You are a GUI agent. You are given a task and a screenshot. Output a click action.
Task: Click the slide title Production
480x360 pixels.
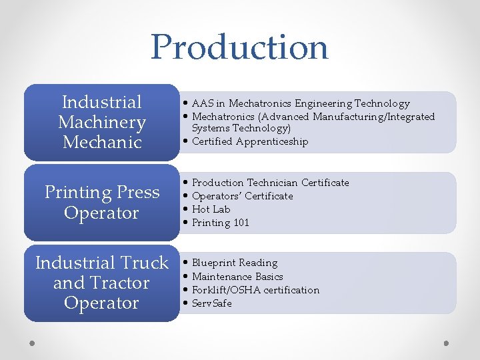pyautogui.click(x=239, y=47)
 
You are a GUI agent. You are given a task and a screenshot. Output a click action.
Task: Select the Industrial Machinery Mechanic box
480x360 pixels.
pyautogui.click(x=101, y=122)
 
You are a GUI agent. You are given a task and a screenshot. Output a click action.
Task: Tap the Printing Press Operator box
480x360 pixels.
pyautogui.click(x=101, y=203)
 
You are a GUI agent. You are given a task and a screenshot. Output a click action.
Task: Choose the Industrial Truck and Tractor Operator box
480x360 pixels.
pyautogui.click(x=101, y=283)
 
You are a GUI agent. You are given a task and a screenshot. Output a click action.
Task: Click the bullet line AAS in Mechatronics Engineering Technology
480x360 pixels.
pyautogui.click(x=301, y=103)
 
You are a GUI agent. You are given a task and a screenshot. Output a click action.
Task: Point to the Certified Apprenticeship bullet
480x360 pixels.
pyautogui.click(x=250, y=141)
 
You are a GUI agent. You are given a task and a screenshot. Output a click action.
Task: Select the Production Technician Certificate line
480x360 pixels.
pyautogui.click(x=271, y=183)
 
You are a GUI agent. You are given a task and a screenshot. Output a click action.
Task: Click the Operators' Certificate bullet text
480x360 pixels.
pyautogui.click(x=243, y=196)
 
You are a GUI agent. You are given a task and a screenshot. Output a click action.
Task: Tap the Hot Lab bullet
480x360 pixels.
pyautogui.click(x=211, y=209)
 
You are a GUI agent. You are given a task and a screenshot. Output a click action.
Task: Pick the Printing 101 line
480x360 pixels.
pyautogui.click(x=220, y=223)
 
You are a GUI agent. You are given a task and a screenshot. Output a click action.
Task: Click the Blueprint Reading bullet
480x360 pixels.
pyautogui.click(x=235, y=263)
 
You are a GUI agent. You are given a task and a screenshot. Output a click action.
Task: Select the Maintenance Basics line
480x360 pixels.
pyautogui.click(x=237, y=277)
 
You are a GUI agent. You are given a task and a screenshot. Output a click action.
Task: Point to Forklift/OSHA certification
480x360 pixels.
pyautogui.click(x=255, y=290)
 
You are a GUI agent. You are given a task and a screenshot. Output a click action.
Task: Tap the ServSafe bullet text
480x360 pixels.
pyautogui.click(x=212, y=303)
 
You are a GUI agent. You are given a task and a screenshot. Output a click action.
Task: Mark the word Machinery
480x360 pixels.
pyautogui.click(x=101, y=122)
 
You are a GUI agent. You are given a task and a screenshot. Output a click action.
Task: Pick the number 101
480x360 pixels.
pyautogui.click(x=241, y=223)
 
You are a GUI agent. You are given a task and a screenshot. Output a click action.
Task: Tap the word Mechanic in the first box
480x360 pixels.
pyautogui.click(x=101, y=142)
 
